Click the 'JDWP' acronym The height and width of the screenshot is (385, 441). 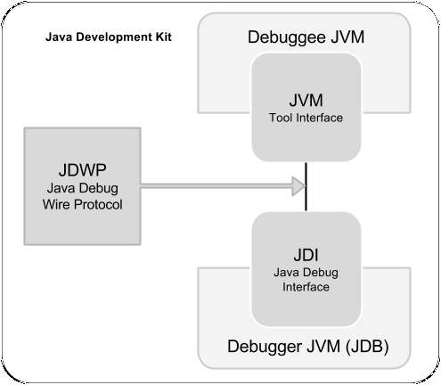[x=80, y=169]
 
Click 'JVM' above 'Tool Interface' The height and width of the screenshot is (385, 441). [x=306, y=101]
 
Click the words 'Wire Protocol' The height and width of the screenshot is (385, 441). [x=80, y=204]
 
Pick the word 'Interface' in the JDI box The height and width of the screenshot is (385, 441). [x=306, y=287]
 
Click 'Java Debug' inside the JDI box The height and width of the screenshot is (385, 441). [x=306, y=272]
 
